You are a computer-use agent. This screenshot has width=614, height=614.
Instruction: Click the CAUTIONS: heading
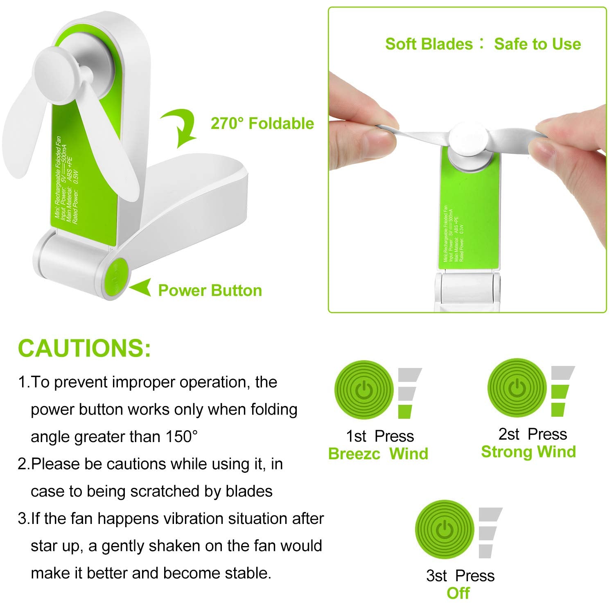coord(84,348)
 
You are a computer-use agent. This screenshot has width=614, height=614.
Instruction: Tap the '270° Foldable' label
coord(262,123)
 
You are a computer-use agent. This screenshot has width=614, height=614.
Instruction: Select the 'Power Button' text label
coord(210,290)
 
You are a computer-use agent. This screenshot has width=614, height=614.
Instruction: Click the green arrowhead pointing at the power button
coord(140,287)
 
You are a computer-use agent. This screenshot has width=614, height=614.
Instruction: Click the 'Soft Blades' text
coord(429,44)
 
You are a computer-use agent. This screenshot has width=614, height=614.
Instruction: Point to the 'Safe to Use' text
coord(537,44)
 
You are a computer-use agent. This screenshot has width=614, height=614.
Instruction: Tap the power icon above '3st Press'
coord(445,529)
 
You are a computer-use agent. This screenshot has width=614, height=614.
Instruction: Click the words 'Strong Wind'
coord(528,452)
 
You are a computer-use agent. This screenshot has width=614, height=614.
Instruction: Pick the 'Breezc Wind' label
coord(378,454)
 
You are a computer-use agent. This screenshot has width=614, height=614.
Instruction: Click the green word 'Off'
coord(458,593)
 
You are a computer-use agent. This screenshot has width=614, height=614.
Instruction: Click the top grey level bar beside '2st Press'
coord(562,372)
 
